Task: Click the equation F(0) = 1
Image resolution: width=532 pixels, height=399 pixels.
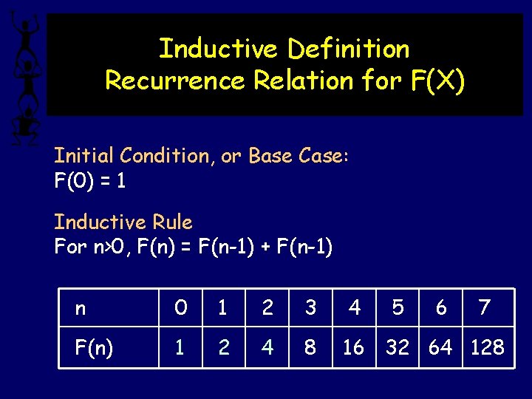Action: tap(90, 180)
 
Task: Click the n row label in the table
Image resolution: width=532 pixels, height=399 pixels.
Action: tap(81, 308)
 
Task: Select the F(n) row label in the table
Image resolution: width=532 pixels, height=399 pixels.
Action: tap(94, 347)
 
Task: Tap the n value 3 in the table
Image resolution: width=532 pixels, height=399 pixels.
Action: tap(311, 307)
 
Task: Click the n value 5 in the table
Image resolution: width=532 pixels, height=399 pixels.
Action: tap(398, 307)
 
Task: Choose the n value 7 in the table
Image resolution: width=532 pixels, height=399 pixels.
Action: tap(485, 307)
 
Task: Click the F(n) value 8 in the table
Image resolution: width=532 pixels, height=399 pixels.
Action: tap(311, 347)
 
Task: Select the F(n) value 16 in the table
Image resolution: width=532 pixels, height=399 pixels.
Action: tap(353, 347)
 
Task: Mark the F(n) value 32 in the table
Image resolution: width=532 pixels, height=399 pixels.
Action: tap(398, 347)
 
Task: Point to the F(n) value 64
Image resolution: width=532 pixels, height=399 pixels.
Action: tap(441, 347)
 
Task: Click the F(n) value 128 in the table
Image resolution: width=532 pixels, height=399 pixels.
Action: tap(488, 347)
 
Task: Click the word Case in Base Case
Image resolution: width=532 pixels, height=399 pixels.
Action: tap(320, 156)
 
